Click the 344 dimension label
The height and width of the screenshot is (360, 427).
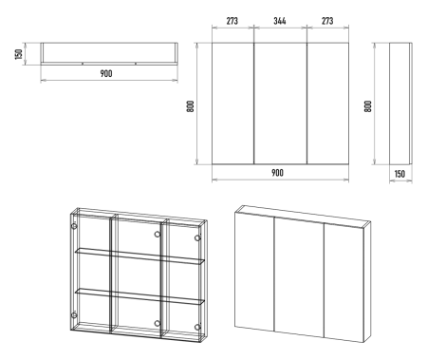point(280,21)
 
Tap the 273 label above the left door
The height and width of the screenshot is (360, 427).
point(232,21)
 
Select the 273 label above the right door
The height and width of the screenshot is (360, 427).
point(327,21)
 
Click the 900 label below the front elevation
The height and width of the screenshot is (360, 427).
point(277,173)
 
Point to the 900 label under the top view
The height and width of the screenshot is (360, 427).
point(106,73)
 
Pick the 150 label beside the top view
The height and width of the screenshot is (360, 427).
point(19,54)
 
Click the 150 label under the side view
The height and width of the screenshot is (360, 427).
point(399,174)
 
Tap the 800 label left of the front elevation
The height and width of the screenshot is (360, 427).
point(191,106)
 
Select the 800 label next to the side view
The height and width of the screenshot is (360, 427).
point(368,106)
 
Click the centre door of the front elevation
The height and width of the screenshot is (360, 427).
point(280,104)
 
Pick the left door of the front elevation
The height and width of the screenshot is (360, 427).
point(232,104)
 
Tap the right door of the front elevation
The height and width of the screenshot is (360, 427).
point(327,104)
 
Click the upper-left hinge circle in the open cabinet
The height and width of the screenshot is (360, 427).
point(74,226)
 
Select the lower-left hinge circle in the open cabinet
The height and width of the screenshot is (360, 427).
point(74,315)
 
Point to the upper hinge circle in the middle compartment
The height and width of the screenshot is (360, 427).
point(158,235)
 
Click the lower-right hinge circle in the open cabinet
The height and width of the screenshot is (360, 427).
point(197,327)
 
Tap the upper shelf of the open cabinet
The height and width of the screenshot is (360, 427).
point(139,256)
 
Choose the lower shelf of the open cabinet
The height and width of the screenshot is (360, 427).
point(139,296)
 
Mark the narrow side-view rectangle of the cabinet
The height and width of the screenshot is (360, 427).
point(400,104)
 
